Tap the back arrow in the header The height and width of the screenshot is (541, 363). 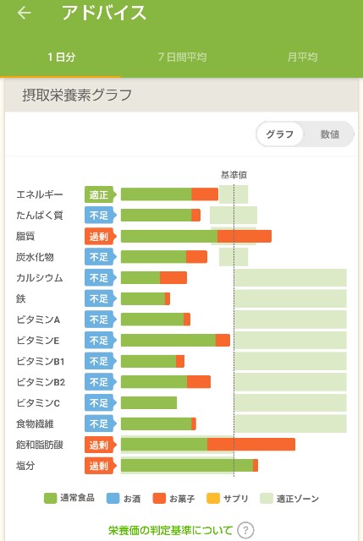25,14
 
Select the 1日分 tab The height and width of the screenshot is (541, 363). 60,57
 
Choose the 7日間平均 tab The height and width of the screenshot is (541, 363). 182,57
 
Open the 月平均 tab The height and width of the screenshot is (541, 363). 302,57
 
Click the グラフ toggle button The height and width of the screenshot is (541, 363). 280,134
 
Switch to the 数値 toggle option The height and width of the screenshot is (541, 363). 330,134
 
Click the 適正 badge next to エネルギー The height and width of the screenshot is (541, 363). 99,194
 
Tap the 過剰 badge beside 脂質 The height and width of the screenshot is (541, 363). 99,236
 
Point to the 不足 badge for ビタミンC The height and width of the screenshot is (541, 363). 99,402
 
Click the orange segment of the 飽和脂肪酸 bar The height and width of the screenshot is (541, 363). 251,445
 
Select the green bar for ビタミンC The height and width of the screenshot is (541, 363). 149,402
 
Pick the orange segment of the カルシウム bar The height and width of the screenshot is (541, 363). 173,277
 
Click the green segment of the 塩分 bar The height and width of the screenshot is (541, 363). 186,465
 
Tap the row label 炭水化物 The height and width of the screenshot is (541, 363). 35,257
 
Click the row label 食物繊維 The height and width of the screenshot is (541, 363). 35,424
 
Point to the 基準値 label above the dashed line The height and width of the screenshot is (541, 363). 234,174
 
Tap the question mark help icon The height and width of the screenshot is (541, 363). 245,531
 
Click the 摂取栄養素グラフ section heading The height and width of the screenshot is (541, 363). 77,95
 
